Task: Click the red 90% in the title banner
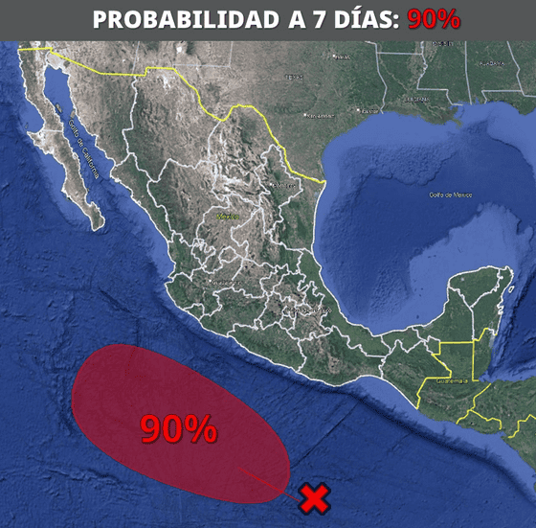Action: pos(434,19)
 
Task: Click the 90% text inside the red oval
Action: pos(178,428)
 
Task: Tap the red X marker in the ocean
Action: pos(314,498)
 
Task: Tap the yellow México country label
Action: pos(227,218)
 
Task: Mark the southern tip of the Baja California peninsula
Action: pos(99,227)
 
